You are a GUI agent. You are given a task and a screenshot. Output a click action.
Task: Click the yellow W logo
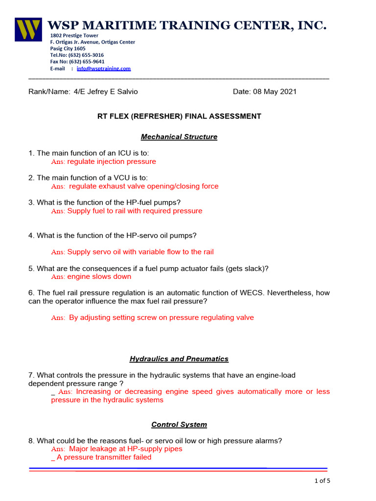tap(28, 29)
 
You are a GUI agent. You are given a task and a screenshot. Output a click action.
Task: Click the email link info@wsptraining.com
tap(103, 69)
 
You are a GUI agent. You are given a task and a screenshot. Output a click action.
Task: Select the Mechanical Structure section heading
tap(179, 137)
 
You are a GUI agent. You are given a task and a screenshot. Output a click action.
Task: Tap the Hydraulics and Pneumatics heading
tap(179, 359)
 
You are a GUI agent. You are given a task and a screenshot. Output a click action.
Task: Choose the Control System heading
tap(179, 425)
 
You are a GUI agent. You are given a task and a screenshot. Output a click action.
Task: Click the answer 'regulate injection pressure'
tap(112, 161)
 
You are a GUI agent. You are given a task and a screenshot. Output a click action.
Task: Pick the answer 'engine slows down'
tap(99, 276)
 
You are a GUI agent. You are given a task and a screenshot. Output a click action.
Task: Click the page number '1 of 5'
tap(322, 480)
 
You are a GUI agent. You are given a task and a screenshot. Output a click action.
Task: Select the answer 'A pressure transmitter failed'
tap(104, 457)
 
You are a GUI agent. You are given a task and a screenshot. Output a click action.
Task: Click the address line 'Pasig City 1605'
tap(68, 48)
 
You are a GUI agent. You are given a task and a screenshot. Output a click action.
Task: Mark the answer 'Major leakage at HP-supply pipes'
tap(125, 449)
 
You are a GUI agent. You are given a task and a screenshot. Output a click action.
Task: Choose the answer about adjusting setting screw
tap(161, 318)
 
